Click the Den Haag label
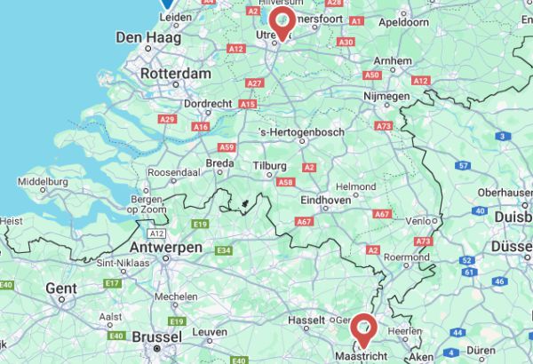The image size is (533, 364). (x=148, y=38)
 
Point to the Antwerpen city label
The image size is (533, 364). (x=166, y=248)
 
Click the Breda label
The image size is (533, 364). (x=219, y=163)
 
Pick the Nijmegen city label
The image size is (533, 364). (x=387, y=95)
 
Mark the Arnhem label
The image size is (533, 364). (x=394, y=60)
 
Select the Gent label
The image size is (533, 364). (x=61, y=289)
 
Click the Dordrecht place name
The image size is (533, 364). (x=208, y=103)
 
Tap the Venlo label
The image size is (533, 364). (x=421, y=219)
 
